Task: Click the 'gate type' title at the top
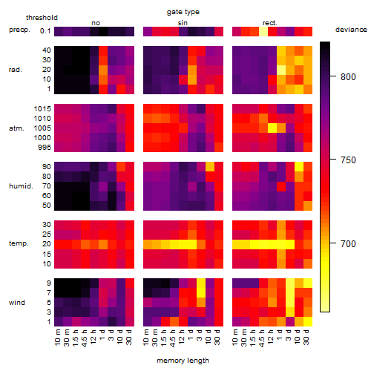[x=183, y=12]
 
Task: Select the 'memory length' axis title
[x=183, y=361]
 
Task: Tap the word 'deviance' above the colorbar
[x=351, y=30]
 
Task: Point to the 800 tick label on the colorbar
[x=348, y=77]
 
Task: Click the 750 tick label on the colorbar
[x=348, y=160]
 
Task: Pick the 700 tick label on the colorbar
[x=348, y=244]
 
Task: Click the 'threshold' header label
[x=42, y=18]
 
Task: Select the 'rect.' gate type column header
[x=270, y=23]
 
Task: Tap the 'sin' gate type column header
[x=183, y=23]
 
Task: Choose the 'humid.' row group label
[x=21, y=186]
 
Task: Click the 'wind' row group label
[x=17, y=303]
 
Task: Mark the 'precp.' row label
[x=19, y=30]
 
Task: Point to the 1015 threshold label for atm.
[x=42, y=109]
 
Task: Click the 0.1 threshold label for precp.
[x=45, y=31]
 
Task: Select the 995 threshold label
[x=45, y=148]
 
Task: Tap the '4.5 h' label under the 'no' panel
[x=84, y=338]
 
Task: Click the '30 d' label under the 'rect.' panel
[x=306, y=337]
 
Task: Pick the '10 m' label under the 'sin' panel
[x=146, y=338]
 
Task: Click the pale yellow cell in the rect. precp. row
[x=263, y=31]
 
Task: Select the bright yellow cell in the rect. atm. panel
[x=272, y=128]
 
